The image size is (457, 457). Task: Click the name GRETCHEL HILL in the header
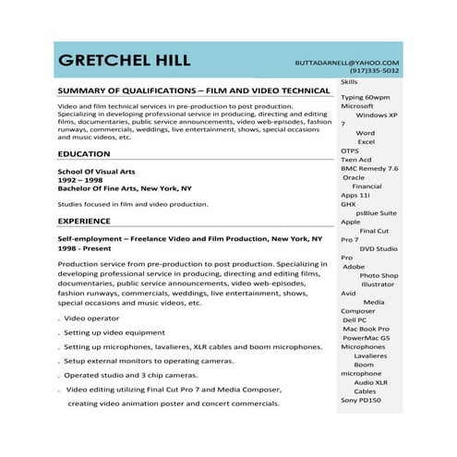tap(124, 61)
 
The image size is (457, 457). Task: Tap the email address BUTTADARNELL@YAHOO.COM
tap(347, 62)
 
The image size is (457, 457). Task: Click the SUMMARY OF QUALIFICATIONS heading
tap(193, 91)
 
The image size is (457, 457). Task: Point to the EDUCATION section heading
tap(84, 154)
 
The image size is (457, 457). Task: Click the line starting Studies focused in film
tap(133, 204)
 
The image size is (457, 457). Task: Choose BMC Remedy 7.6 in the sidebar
tap(369, 168)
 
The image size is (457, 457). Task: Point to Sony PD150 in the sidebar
tap(361, 400)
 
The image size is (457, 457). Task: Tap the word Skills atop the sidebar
tap(349, 82)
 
